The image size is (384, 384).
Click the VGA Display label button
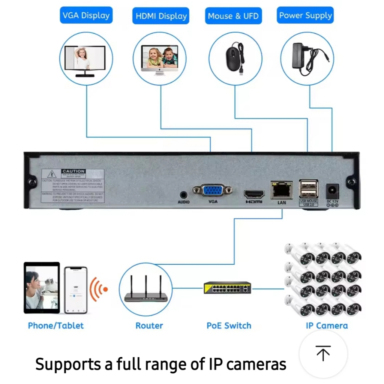point(86,16)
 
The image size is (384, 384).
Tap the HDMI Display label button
point(161,16)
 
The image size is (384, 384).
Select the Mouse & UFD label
point(233,16)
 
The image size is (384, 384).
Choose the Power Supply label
point(306,16)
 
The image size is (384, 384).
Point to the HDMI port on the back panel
point(254,194)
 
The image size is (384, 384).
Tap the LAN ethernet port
point(282,190)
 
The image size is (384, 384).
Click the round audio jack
point(183,195)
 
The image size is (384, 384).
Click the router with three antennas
point(146,291)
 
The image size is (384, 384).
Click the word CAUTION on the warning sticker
point(73,171)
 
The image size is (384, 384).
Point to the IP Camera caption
point(327,325)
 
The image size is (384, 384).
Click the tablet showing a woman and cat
point(42,287)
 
